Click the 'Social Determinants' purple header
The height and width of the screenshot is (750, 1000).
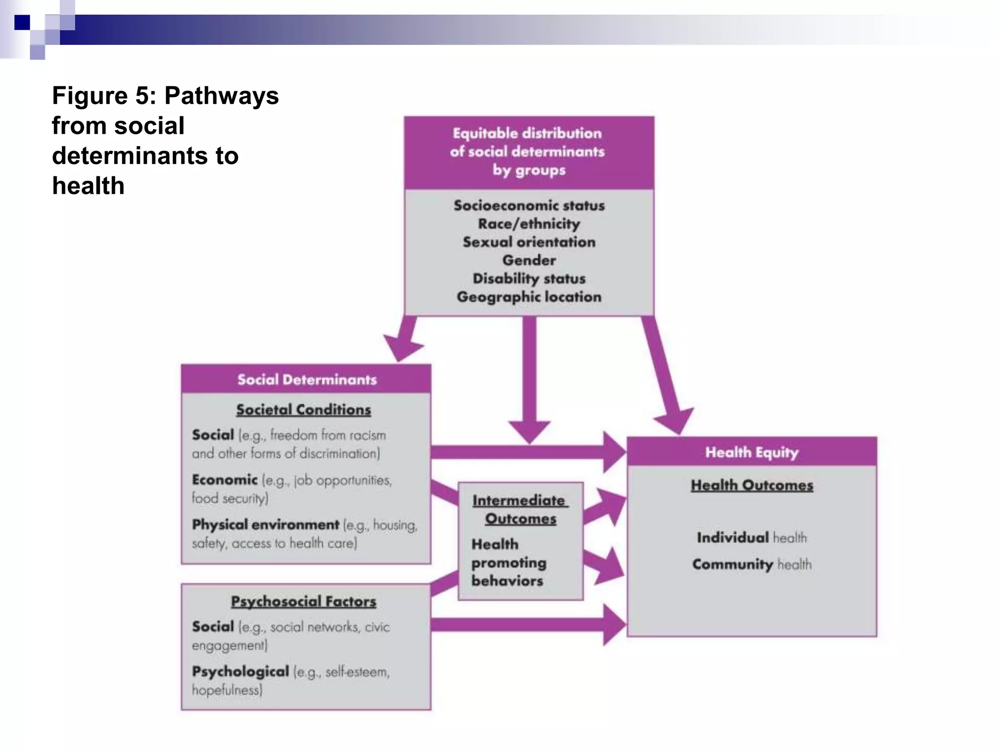click(x=307, y=379)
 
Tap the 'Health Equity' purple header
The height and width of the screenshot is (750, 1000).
click(x=751, y=452)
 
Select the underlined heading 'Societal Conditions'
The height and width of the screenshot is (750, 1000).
click(x=303, y=410)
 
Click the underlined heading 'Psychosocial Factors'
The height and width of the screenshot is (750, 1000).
click(x=303, y=602)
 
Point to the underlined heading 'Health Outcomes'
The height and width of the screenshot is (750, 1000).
click(x=751, y=485)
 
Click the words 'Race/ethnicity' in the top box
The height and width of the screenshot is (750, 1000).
click(x=529, y=224)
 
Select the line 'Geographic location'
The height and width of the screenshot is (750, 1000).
click(x=529, y=297)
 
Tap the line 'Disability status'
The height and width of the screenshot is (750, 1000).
click(x=529, y=278)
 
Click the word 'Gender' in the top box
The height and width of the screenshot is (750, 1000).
click(x=529, y=260)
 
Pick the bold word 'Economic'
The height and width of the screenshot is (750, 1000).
click(x=224, y=480)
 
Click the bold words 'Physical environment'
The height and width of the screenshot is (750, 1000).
click(x=265, y=525)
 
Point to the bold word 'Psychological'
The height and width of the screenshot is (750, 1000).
click(x=240, y=672)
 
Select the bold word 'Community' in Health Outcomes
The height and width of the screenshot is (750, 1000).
click(x=732, y=564)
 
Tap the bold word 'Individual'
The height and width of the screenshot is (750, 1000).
click(x=732, y=538)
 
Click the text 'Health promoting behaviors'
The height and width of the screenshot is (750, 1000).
click(x=508, y=562)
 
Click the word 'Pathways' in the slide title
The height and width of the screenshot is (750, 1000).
click(x=221, y=95)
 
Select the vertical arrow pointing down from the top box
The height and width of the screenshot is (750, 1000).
click(x=529, y=376)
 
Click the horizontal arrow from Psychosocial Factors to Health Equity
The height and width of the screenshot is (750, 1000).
click(x=522, y=625)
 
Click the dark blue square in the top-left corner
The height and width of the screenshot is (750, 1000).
click(x=22, y=22)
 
